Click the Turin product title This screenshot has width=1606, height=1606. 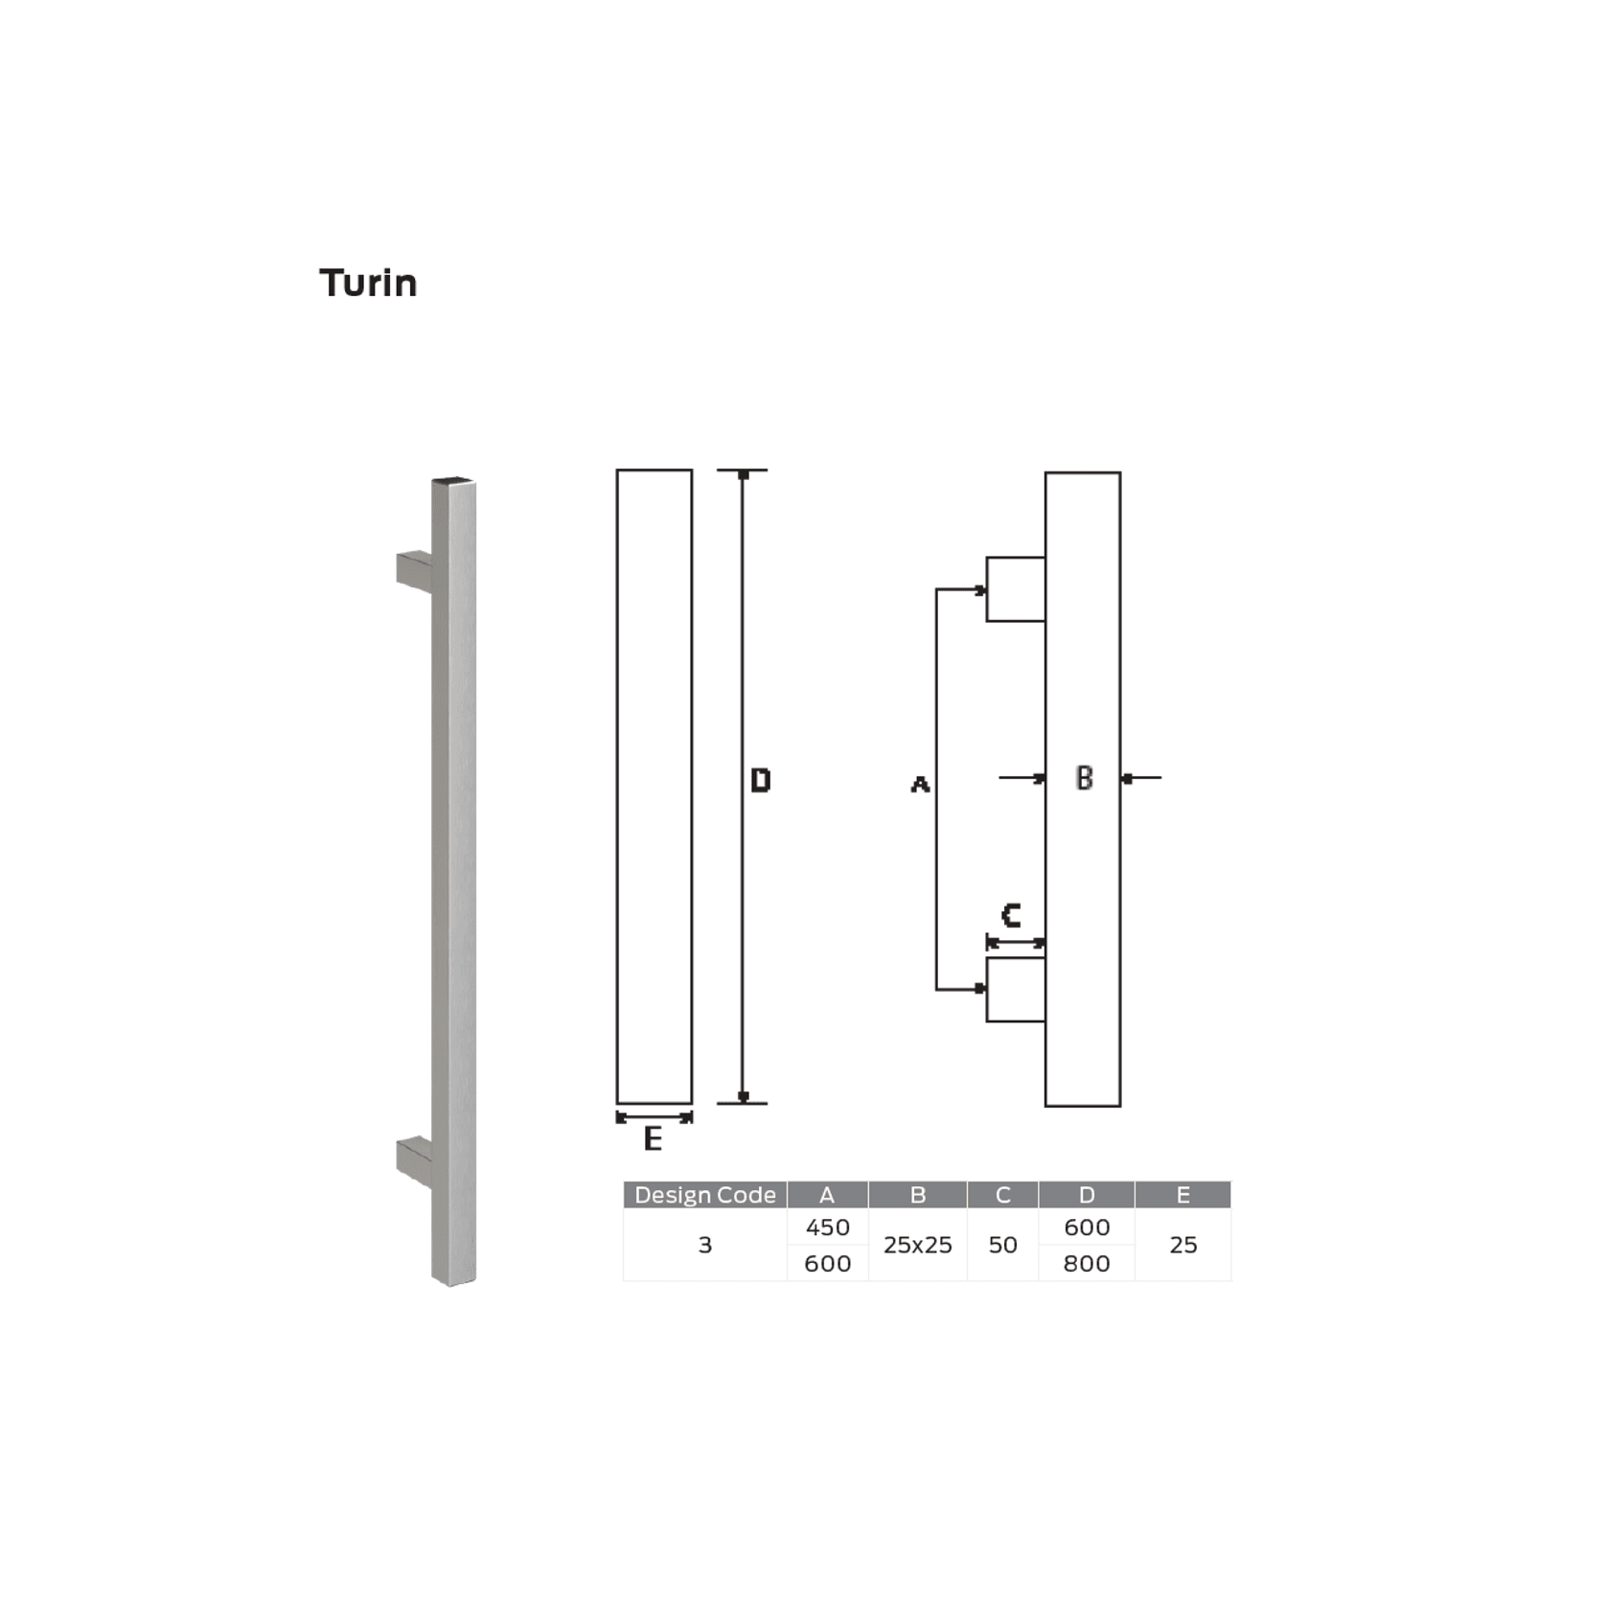(x=368, y=284)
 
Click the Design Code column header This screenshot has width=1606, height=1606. (x=704, y=1195)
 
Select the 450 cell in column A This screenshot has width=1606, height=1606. (x=827, y=1227)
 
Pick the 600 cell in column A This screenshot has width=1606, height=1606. (x=827, y=1264)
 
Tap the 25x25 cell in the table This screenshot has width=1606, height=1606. (x=917, y=1245)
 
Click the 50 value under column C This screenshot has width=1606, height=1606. (x=1002, y=1245)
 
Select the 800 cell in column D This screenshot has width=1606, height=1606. (x=1087, y=1264)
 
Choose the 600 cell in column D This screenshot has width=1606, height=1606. (x=1087, y=1227)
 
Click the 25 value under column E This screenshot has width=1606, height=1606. (x=1182, y=1245)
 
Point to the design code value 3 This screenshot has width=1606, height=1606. (x=704, y=1245)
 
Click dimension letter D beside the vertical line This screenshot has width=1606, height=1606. (x=760, y=781)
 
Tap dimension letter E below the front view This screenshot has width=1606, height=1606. (x=653, y=1138)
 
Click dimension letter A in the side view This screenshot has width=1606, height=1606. (x=920, y=785)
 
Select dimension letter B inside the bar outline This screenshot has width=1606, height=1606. (x=1084, y=778)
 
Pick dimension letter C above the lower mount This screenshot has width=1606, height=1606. (x=1010, y=916)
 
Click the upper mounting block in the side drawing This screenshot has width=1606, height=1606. (x=1016, y=589)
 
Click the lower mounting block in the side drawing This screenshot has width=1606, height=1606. (x=1016, y=990)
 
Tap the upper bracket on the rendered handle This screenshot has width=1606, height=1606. (x=414, y=571)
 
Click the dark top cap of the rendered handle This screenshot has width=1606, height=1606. (x=453, y=480)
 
